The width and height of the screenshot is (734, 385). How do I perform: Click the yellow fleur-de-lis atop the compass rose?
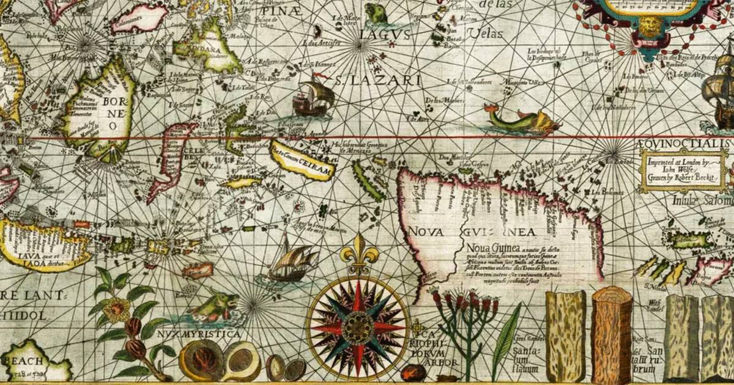(357, 253)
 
